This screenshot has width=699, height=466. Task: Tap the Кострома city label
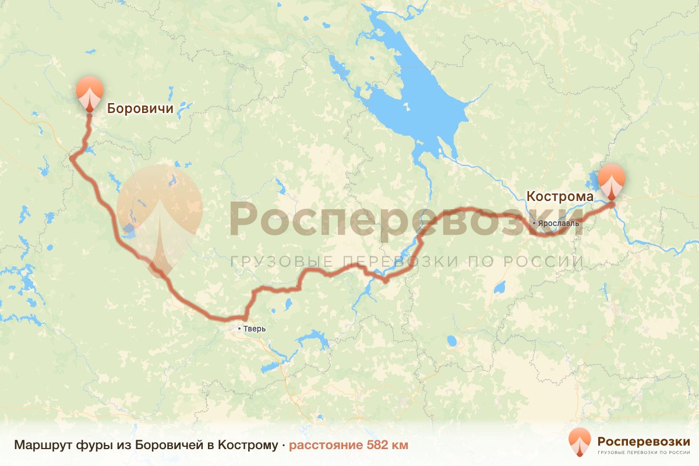560,196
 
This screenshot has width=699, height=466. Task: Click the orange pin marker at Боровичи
89,92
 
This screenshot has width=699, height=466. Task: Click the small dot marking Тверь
239,329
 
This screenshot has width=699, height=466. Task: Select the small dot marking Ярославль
534,223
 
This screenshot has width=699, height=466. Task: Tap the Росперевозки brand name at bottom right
644,440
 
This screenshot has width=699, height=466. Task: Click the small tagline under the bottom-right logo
644,452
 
